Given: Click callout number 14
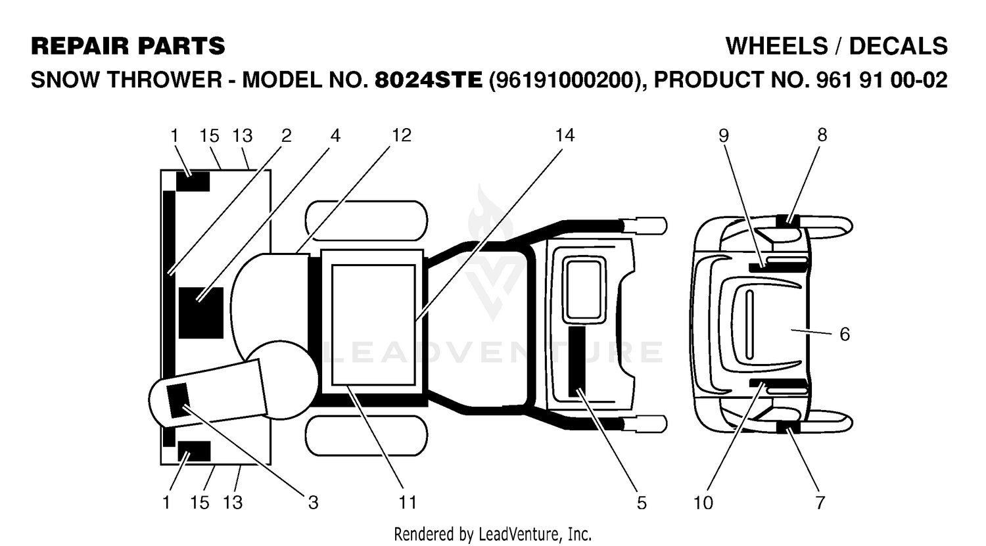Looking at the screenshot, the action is coord(565,135).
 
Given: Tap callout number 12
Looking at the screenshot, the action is coord(402,135).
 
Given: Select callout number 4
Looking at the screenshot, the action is coord(335,135).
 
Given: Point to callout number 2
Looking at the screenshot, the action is coord(286,135).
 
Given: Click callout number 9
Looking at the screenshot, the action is coord(724,135).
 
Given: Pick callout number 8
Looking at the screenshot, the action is coord(822,135).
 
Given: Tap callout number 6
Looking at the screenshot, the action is coord(845,334).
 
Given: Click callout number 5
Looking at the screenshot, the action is coord(642,503).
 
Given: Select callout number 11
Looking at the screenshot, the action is coord(408,503).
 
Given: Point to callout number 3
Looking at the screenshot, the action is coord(313,503).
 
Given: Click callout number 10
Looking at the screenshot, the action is coord(703,503).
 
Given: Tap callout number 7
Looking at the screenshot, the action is coord(820,503).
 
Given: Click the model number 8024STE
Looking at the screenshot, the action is coord(429,80).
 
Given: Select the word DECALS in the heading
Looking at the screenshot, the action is coord(898,46).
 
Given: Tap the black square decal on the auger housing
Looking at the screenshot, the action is coord(201,313).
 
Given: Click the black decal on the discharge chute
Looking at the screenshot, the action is coord(178,400).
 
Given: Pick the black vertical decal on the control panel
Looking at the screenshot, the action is coord(577,361).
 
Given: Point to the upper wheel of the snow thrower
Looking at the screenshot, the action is coord(366,221).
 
